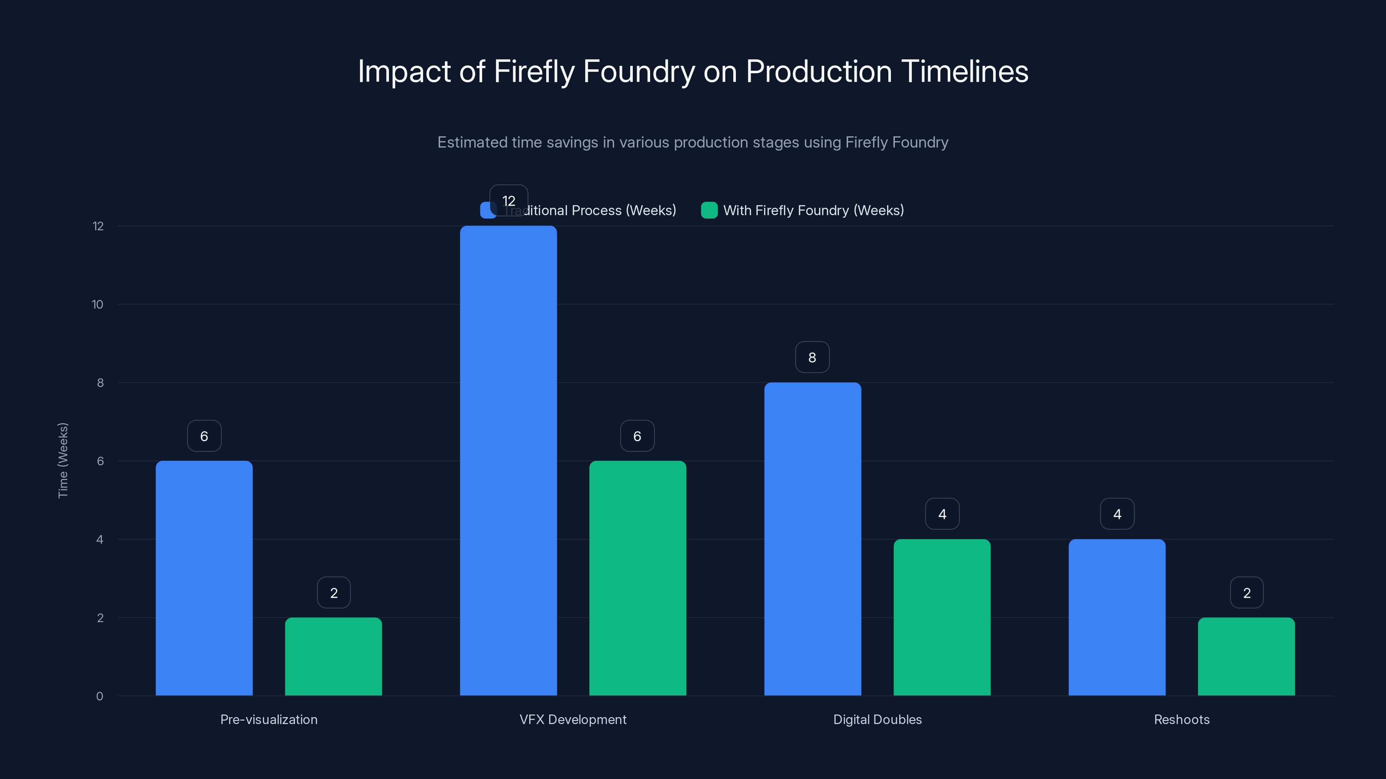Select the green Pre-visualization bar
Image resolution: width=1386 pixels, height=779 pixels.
click(333, 657)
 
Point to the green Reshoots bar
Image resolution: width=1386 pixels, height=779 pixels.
click(1246, 657)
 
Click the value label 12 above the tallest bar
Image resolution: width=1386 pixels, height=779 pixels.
click(508, 200)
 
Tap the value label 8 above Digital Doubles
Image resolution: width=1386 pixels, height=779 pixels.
click(812, 357)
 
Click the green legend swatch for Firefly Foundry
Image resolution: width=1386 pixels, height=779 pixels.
click(709, 210)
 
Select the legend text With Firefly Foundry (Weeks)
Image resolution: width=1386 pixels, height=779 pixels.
click(813, 210)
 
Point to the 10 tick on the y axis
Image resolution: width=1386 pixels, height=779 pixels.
click(97, 305)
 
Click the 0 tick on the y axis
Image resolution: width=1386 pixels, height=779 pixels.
click(100, 696)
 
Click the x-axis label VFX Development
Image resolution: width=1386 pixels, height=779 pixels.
click(573, 719)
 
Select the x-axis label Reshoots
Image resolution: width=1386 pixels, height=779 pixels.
click(1182, 719)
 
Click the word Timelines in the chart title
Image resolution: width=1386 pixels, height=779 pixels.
click(964, 71)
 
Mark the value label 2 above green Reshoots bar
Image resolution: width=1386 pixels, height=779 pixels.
click(1247, 593)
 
